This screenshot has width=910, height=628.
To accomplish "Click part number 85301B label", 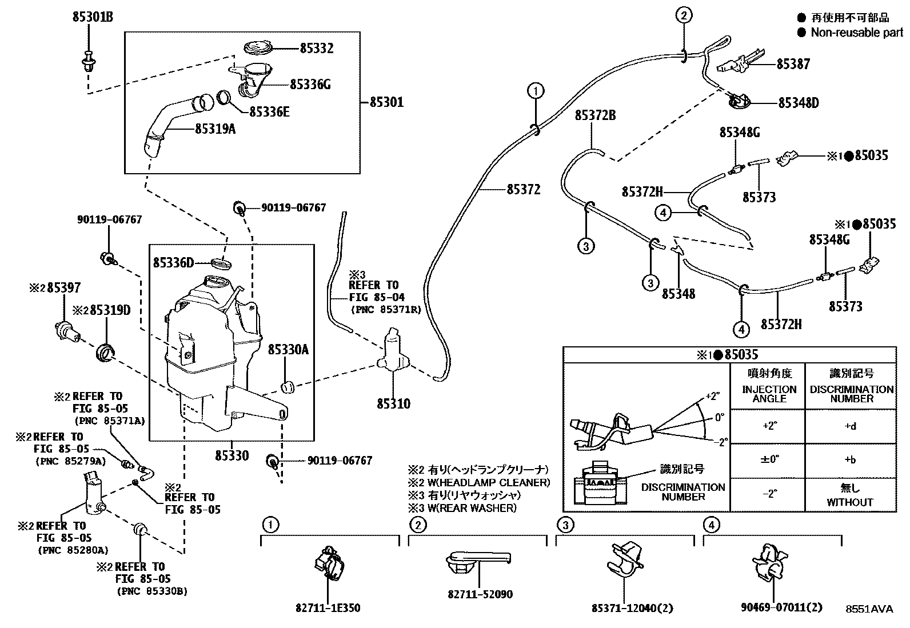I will pos(92,17).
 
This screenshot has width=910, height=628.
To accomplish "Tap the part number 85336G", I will pos(310,85).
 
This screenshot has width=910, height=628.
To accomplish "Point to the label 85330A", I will pos(288,349).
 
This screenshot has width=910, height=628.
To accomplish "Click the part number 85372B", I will pos(594,116).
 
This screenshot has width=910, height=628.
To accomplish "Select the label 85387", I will pos(793,64).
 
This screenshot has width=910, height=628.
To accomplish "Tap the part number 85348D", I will pos(798,103).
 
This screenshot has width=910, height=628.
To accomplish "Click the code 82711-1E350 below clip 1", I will pos(328,608).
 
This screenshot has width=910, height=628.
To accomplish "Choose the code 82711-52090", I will pos(480,594).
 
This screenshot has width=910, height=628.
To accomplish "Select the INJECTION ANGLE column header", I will pos(769,394).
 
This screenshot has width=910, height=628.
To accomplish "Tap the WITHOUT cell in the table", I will pos(850,502).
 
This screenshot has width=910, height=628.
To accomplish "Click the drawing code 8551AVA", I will pos(869,609).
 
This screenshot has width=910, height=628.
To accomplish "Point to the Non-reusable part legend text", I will pos(856,33).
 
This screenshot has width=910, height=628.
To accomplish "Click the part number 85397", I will pos(63,288).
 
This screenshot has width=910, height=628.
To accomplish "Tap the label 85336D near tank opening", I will pos(173,262).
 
